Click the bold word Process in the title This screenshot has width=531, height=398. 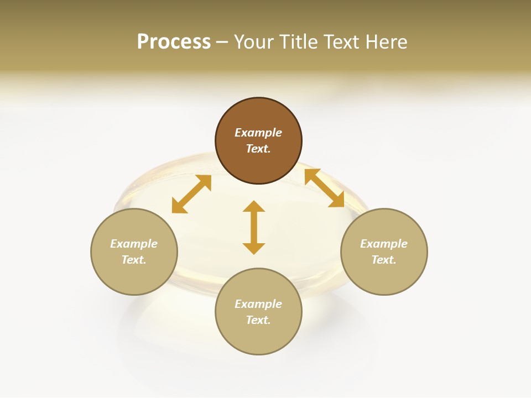(174, 41)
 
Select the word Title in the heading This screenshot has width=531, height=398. (299, 41)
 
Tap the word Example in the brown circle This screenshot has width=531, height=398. (258, 133)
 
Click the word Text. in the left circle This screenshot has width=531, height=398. (134, 260)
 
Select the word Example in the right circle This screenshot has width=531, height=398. (384, 244)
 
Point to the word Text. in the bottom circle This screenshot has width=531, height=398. (258, 320)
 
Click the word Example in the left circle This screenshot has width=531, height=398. (134, 244)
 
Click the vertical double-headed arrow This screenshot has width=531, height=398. (254, 227)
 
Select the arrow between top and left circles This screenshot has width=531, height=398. (191, 194)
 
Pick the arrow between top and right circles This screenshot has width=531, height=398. (325, 188)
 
